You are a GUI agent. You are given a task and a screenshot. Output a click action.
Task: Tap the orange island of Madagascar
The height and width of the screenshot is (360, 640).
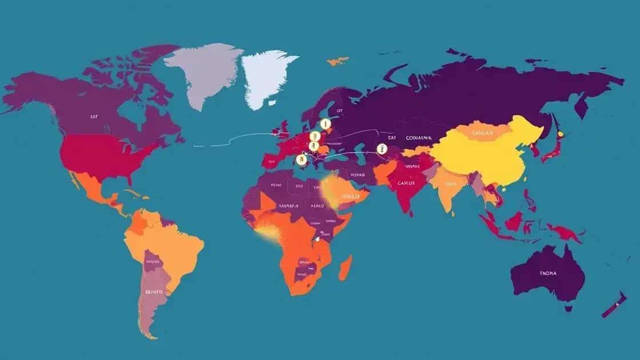pos(345,268)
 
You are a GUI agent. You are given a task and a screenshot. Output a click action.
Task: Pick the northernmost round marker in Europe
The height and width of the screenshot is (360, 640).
pos(325,123)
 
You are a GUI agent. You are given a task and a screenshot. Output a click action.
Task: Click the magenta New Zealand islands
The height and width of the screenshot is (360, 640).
pos(613,303)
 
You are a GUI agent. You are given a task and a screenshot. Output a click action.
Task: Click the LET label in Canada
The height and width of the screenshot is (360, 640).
pos(94,116)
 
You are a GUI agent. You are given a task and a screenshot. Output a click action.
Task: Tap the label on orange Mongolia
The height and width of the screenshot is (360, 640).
pos(483,133)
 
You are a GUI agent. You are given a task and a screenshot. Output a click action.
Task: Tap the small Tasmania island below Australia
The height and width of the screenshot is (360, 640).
pos(569,308)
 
